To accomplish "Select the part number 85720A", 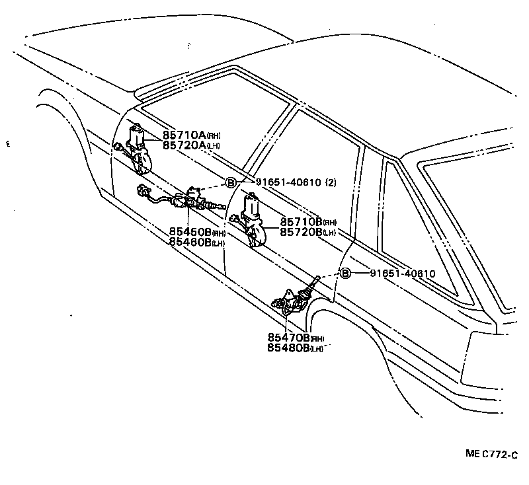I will point(185,145).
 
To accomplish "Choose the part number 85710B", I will point(301,223).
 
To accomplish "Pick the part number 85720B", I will point(301,232).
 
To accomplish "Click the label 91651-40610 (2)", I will point(287,182).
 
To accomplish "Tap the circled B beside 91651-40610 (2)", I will point(231,183).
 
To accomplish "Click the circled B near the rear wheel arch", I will point(345,274).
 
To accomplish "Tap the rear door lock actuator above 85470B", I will point(292,301).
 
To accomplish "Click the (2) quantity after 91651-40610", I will point(329,182).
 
